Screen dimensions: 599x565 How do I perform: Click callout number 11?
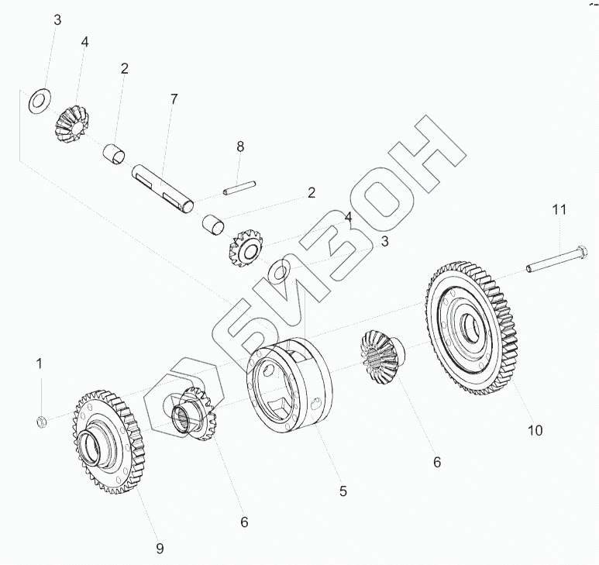click(559, 209)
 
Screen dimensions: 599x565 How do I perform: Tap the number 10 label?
click(535, 429)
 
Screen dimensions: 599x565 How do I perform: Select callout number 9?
click(159, 549)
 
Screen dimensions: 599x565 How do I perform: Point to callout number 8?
click(240, 146)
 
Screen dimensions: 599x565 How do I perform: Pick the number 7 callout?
click(174, 98)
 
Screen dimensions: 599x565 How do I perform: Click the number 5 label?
click(343, 491)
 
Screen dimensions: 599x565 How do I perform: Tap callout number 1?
click(40, 362)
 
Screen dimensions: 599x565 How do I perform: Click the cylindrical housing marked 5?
click(289, 384)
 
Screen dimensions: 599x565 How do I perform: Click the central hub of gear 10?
click(472, 325)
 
